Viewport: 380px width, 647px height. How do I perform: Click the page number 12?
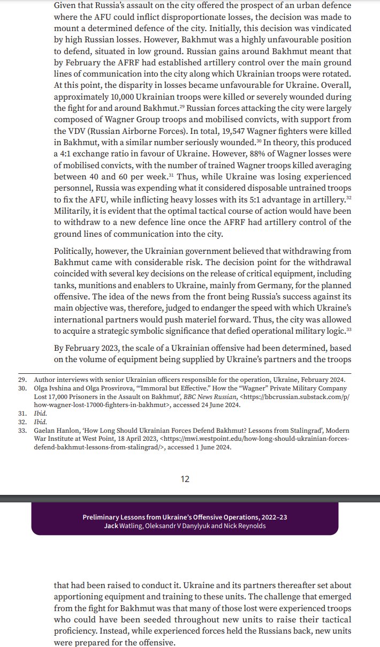[x=185, y=479]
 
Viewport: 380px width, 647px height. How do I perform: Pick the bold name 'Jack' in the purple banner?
[x=113, y=525]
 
